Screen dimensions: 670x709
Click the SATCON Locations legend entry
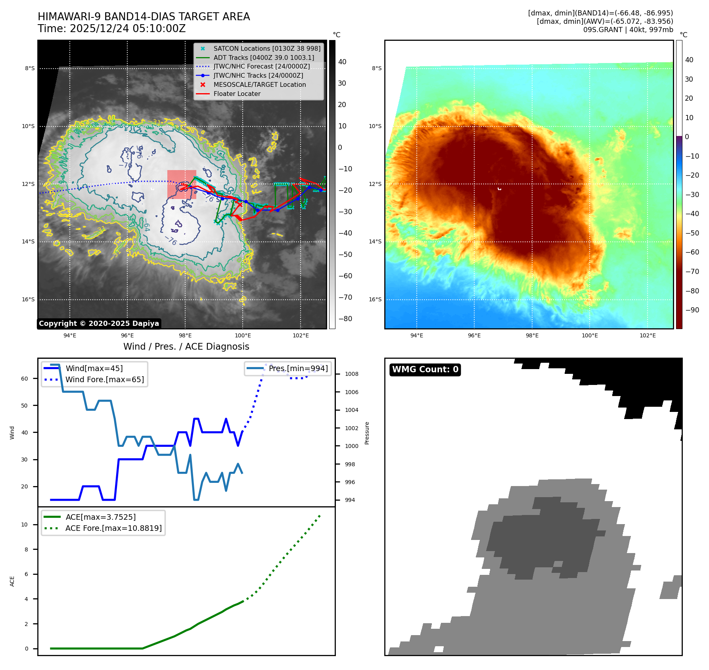pos(266,48)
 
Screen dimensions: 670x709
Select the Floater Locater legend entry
pos(237,94)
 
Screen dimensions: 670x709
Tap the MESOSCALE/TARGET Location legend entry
pos(259,85)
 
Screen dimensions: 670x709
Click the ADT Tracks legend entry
pos(263,57)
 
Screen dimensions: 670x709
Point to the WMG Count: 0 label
pos(425,369)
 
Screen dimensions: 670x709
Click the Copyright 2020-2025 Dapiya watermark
pos(99,324)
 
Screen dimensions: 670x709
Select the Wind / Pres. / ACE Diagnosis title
pos(186,346)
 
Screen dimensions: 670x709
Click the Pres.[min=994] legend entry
pos(298,368)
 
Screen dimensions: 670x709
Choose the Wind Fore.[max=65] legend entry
pos(105,379)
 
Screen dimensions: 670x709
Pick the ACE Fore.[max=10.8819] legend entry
pos(113,528)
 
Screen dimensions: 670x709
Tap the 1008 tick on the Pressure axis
pos(351,374)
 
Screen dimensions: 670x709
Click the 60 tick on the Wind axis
pos(25,379)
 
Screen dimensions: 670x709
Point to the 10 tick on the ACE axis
pos(25,525)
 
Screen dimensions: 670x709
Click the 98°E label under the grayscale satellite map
pos(185,335)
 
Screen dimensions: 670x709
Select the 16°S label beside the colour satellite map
pos(375,299)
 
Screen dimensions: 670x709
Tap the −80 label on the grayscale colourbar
pos(345,319)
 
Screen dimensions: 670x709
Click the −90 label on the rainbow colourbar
pos(692,310)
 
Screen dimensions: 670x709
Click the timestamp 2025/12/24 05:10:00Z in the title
pos(128,29)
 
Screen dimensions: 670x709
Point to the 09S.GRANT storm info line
pos(628,30)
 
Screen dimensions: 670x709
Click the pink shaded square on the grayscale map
pos(182,184)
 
